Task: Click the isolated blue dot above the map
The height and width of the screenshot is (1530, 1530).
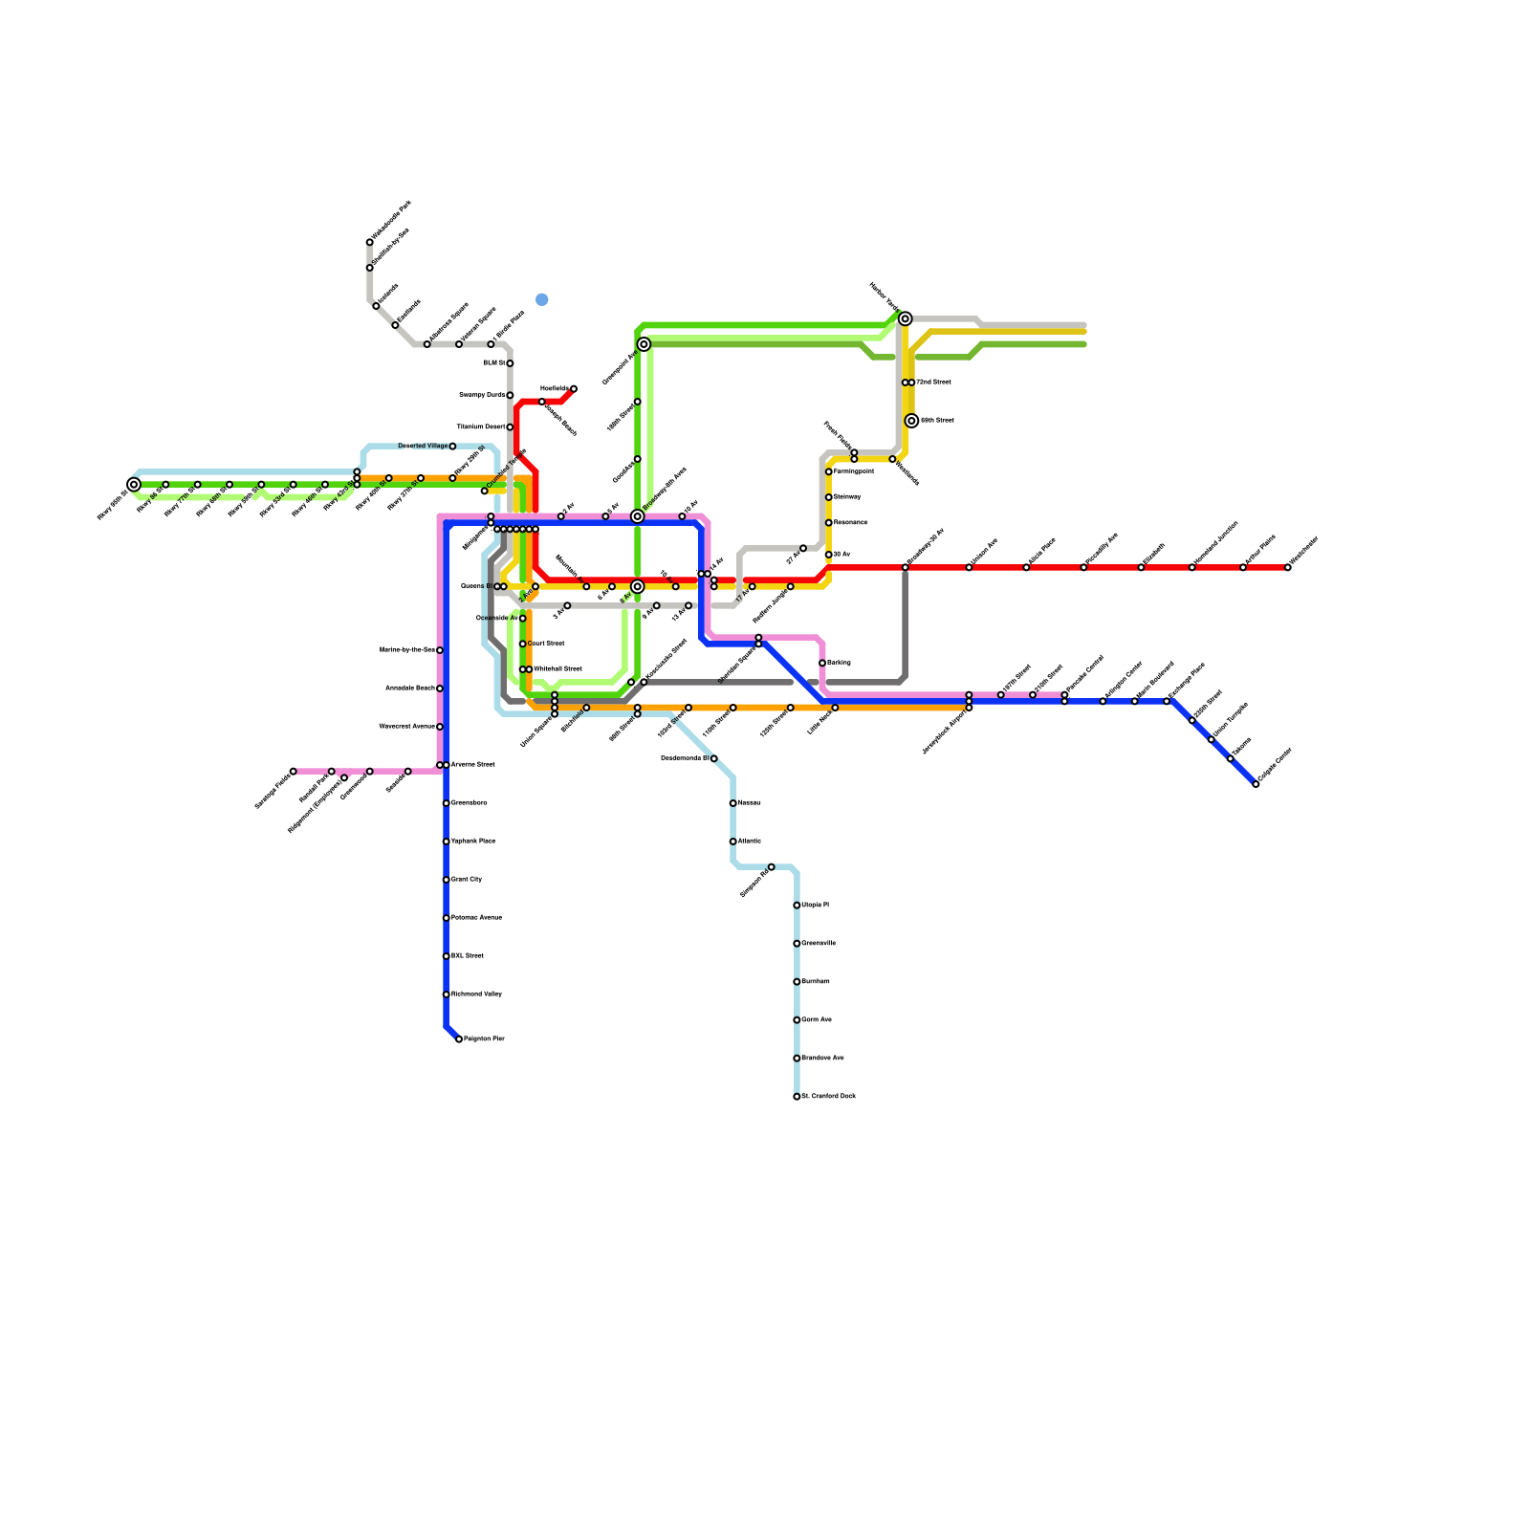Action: pyautogui.click(x=542, y=299)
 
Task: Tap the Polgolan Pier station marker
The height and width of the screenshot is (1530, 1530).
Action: pyautogui.click(x=459, y=1038)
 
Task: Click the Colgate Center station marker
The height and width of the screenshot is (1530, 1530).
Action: pyautogui.click(x=1256, y=784)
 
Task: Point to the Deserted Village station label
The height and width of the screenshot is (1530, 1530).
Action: pyautogui.click(x=423, y=447)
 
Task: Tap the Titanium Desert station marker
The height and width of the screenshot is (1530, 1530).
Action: pyautogui.click(x=510, y=427)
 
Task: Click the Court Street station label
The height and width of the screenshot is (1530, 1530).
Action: pyautogui.click(x=546, y=644)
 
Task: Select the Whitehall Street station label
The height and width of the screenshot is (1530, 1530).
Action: pyautogui.click(x=557, y=669)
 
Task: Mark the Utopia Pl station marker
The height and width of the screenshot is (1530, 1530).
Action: pyautogui.click(x=797, y=906)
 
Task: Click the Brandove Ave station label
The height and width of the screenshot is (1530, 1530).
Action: pyautogui.click(x=823, y=1059)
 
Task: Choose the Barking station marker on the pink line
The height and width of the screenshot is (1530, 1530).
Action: pyautogui.click(x=822, y=663)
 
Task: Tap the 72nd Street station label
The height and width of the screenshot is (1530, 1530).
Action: pyautogui.click(x=933, y=382)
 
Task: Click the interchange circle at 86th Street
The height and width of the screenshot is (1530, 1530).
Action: pyautogui.click(x=911, y=421)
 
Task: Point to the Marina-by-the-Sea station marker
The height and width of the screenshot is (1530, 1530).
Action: pyautogui.click(x=440, y=650)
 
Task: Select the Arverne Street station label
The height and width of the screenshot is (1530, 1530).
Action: pyautogui.click(x=473, y=765)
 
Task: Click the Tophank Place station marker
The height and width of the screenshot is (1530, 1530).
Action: pyautogui.click(x=447, y=841)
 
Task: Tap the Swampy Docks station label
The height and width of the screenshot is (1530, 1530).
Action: pyautogui.click(x=482, y=395)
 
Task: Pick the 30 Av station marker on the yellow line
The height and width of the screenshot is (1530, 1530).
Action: pyautogui.click(x=829, y=555)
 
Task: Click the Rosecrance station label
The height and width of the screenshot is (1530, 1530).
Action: pyautogui.click(x=851, y=523)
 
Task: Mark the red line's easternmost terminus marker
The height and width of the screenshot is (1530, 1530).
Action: pyautogui.click(x=1287, y=567)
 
